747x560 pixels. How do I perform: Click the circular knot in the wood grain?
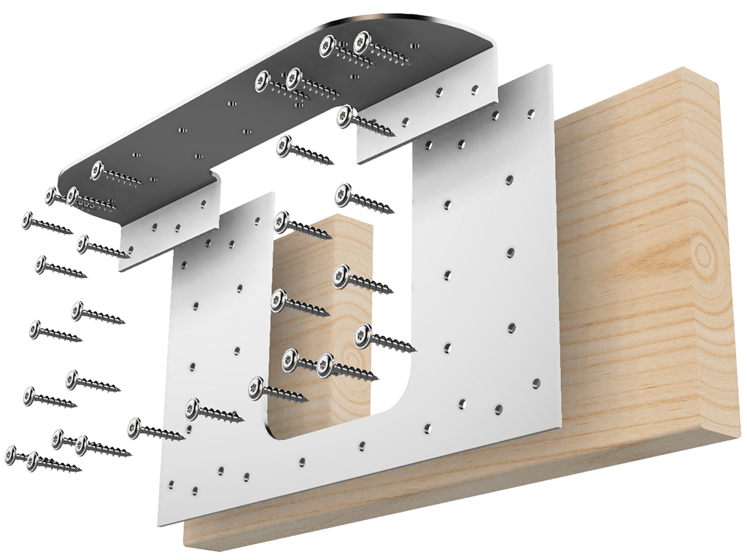tap(703, 255)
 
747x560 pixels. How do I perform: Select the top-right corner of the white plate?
tap(549, 67)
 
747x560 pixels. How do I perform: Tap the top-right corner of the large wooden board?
tap(719, 77)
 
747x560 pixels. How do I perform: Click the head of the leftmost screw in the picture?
tap(11, 454)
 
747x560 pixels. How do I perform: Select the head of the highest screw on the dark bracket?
tap(363, 42)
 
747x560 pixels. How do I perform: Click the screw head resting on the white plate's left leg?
tap(193, 408)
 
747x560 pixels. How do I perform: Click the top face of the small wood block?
tap(343, 222)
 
